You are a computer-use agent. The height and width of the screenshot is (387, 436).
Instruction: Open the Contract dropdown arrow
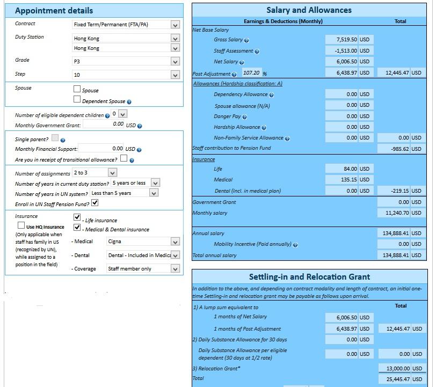(175, 25)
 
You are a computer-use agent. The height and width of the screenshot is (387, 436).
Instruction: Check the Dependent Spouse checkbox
(77, 99)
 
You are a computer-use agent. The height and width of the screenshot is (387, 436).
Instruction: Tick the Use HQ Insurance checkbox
(21, 226)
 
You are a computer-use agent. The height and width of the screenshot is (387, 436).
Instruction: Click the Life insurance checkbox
(77, 217)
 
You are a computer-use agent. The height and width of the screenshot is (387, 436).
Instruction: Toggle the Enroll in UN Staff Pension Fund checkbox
(95, 203)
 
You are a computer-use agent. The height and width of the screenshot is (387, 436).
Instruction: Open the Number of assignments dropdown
(95, 173)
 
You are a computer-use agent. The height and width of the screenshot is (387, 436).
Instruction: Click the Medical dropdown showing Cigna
(143, 242)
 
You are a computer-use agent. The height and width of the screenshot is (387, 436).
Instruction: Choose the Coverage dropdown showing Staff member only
(143, 269)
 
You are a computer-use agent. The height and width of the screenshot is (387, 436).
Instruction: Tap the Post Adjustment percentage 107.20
(251, 73)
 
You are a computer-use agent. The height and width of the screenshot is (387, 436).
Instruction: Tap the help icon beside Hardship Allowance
(264, 128)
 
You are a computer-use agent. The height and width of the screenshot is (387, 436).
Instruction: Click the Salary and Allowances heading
(309, 10)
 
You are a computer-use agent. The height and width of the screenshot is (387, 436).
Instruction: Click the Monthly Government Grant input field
(104, 125)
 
